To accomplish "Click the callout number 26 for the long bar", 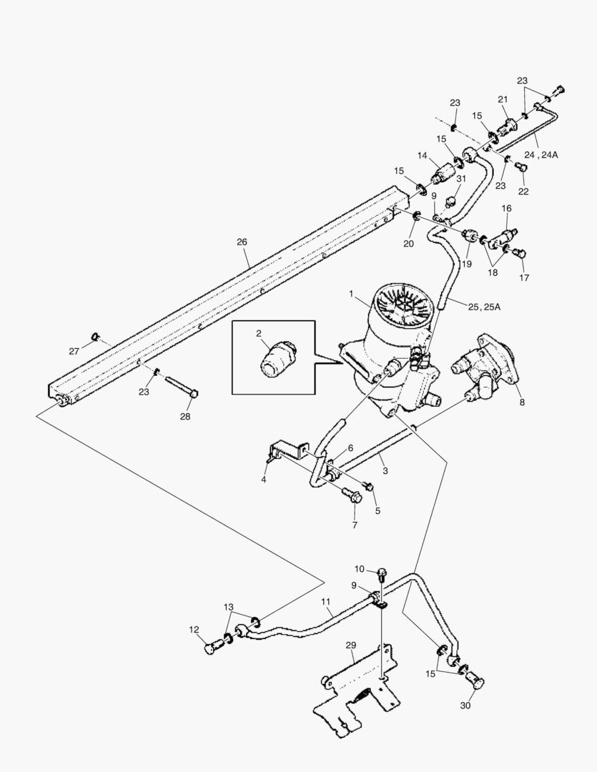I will click(242, 242).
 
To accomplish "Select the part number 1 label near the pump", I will click(352, 294).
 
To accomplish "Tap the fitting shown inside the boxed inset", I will click(273, 357).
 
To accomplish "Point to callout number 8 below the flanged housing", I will click(522, 402).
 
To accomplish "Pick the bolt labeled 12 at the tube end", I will click(211, 648).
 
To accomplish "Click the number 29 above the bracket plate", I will click(351, 645).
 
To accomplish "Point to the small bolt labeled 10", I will click(381, 571).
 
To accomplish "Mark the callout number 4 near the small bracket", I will click(264, 480).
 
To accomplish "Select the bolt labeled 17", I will click(520, 252).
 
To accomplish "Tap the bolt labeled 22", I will click(520, 168).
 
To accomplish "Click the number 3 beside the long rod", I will click(385, 471).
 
